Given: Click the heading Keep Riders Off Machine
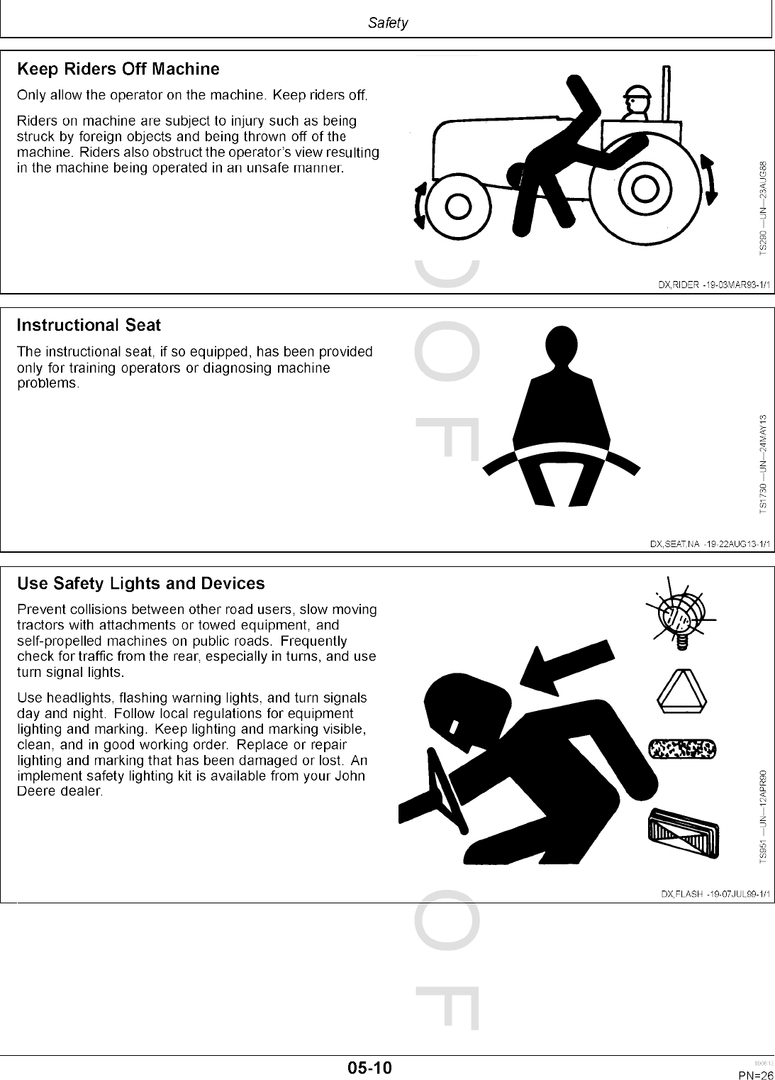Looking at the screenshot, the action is click(118, 70).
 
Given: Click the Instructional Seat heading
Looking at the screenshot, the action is click(89, 326).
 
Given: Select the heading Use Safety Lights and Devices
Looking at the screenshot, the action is click(140, 584).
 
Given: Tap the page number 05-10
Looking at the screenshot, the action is click(369, 1067).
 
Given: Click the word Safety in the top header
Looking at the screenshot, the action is click(388, 23).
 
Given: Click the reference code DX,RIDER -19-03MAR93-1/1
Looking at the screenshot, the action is click(714, 285).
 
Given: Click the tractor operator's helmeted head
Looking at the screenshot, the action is click(636, 101).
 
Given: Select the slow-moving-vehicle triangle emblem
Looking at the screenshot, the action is click(680, 691).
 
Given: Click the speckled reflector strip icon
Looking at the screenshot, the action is click(681, 749).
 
